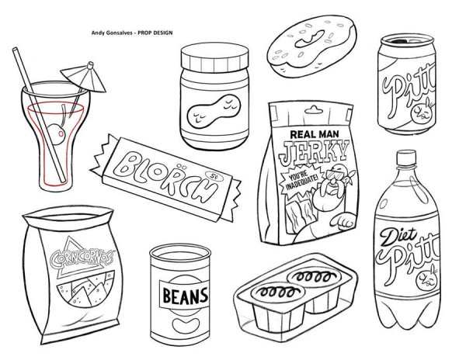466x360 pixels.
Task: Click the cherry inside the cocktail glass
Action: (x=56, y=134)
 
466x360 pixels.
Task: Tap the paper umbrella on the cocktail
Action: (x=84, y=77)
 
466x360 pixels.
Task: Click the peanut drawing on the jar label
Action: (x=214, y=111)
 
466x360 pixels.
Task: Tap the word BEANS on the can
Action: (x=185, y=296)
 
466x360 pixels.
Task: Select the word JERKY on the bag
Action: (x=314, y=152)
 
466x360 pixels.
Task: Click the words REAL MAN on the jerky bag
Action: (x=314, y=134)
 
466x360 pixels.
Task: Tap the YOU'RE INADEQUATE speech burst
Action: (x=301, y=182)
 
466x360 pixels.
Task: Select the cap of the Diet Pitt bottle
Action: (x=406, y=158)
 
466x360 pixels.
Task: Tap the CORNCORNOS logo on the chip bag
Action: (x=82, y=258)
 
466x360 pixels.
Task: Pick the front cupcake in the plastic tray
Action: (x=277, y=306)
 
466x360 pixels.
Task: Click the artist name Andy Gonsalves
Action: (x=112, y=33)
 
